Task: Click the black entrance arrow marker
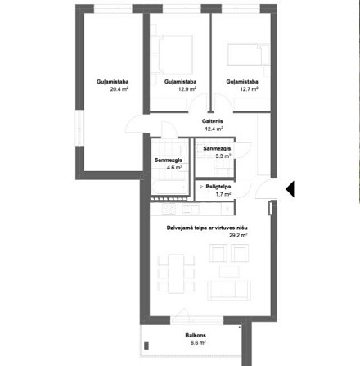290,189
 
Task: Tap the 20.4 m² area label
119,89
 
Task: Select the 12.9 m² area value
187,89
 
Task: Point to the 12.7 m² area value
249,89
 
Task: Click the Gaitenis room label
213,121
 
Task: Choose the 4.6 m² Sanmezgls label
169,160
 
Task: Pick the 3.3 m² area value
223,156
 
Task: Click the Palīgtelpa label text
218,187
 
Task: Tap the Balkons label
196,335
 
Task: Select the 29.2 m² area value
238,235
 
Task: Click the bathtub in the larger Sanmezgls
170,188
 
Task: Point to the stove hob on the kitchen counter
169,209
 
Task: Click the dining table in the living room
176,273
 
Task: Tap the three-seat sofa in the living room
229,291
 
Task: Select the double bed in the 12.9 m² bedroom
172,55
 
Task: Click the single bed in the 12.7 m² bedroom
247,55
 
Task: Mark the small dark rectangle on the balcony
146,346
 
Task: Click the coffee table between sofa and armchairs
229,272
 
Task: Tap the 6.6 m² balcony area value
198,343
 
